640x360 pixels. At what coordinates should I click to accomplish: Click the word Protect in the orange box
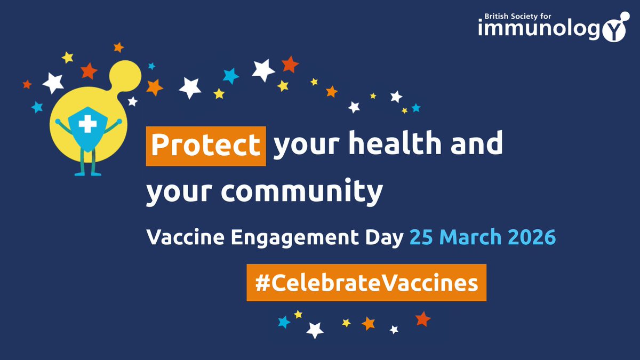point(205,145)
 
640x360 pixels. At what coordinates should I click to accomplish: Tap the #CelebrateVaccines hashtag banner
point(366,283)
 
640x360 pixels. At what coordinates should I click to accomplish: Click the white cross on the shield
point(85,125)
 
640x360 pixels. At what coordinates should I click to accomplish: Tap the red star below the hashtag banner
point(422,319)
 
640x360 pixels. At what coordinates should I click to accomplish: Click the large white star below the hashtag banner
point(315,330)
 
